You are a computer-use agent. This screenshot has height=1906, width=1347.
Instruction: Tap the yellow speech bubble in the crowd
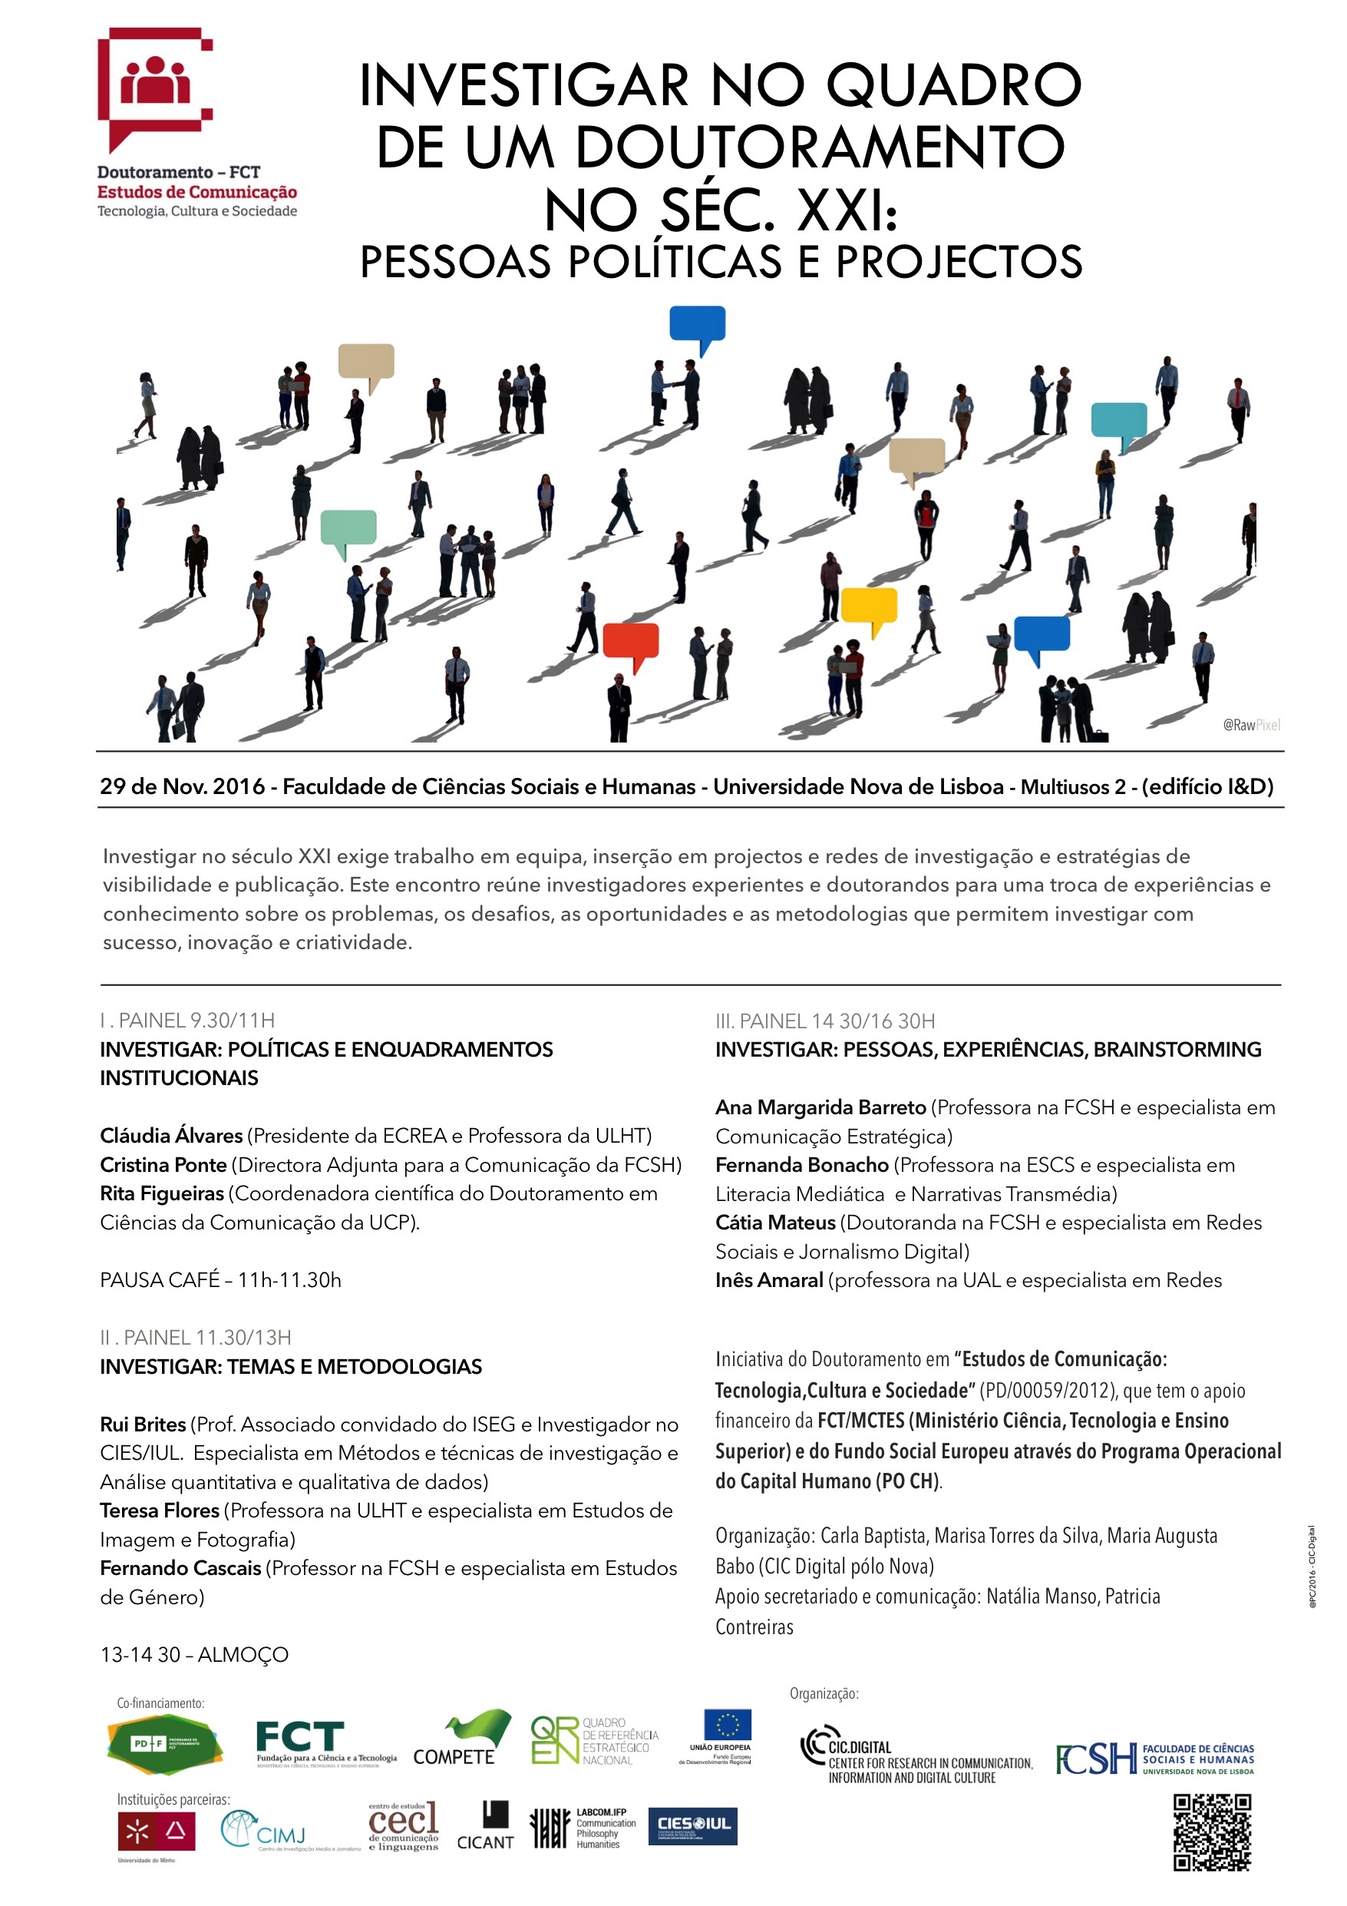tap(869, 604)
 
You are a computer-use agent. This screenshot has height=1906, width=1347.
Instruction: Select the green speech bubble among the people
tap(348, 528)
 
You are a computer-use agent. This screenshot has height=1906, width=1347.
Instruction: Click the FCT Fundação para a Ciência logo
tap(325, 1742)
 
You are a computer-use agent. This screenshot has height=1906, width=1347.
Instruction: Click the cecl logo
tap(404, 1826)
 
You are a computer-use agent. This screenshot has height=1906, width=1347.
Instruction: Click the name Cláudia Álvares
tap(171, 1136)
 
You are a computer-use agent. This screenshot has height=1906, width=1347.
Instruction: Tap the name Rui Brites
tap(143, 1425)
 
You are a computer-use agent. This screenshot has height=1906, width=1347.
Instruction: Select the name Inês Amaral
tap(768, 1280)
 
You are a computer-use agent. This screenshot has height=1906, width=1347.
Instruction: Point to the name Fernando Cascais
tap(180, 1568)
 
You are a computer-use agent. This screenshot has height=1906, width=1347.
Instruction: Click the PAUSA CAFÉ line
tap(220, 1280)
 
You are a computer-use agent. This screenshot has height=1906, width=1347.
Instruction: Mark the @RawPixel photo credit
tap(1251, 725)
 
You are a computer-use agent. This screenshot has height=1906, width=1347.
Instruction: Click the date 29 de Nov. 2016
tap(183, 786)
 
